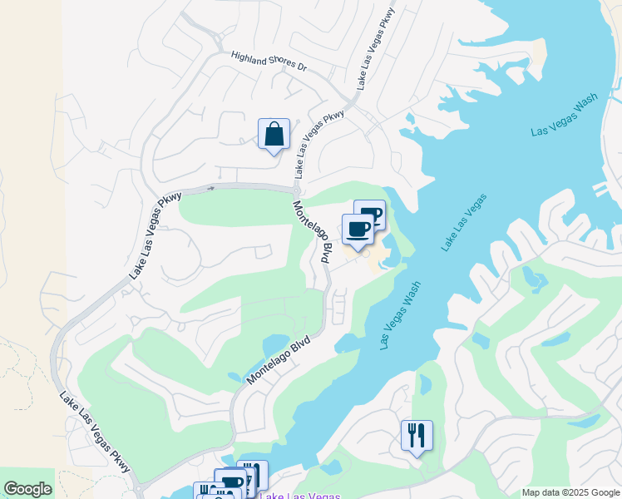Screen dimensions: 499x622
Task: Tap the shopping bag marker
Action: click(x=274, y=135)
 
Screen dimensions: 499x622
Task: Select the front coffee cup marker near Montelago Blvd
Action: click(x=358, y=230)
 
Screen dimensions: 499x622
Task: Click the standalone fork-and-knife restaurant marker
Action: click(x=417, y=436)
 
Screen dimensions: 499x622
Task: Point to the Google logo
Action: click(x=27, y=489)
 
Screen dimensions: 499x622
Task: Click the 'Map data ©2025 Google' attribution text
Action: click(x=570, y=492)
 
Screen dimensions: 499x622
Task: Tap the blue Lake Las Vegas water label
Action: click(x=465, y=222)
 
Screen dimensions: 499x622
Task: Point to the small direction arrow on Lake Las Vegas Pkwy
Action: click(x=210, y=189)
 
